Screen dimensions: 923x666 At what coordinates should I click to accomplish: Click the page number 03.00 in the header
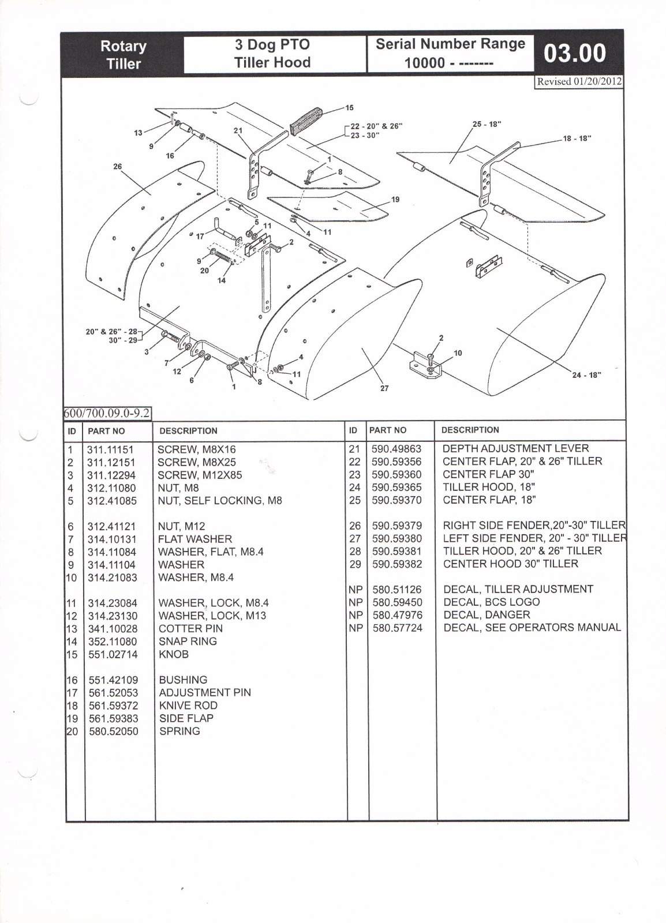coord(575,54)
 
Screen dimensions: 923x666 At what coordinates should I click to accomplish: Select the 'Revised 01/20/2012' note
coord(579,81)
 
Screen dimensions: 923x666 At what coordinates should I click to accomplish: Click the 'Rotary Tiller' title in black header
coord(124,55)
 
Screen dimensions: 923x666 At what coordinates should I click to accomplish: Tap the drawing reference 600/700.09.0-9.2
coord(107,414)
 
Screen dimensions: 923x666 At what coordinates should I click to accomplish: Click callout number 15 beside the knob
coord(349,108)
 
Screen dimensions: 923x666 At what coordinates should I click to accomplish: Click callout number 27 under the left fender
coord(384,388)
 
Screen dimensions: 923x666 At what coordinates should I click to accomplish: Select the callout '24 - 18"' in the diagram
coord(586,375)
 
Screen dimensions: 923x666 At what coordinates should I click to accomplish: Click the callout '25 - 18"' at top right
coord(487,124)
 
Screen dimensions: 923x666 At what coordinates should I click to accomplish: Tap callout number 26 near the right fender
coord(118,167)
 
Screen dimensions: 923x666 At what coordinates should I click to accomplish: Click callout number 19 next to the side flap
coord(395,200)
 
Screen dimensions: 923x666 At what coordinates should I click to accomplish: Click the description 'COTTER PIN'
coord(190,628)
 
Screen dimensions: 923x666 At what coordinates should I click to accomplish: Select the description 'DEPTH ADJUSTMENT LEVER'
coord(515,448)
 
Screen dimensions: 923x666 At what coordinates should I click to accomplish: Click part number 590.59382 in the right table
coord(397,564)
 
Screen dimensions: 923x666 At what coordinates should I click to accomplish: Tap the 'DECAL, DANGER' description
coord(487,614)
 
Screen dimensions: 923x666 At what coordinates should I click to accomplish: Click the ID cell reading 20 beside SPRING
coord(73,731)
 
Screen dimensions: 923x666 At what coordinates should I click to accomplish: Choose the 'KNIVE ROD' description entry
coord(188,706)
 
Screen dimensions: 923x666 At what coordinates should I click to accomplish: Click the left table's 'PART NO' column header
coord(106,431)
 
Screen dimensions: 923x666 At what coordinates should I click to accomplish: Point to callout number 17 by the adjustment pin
coord(200,237)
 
